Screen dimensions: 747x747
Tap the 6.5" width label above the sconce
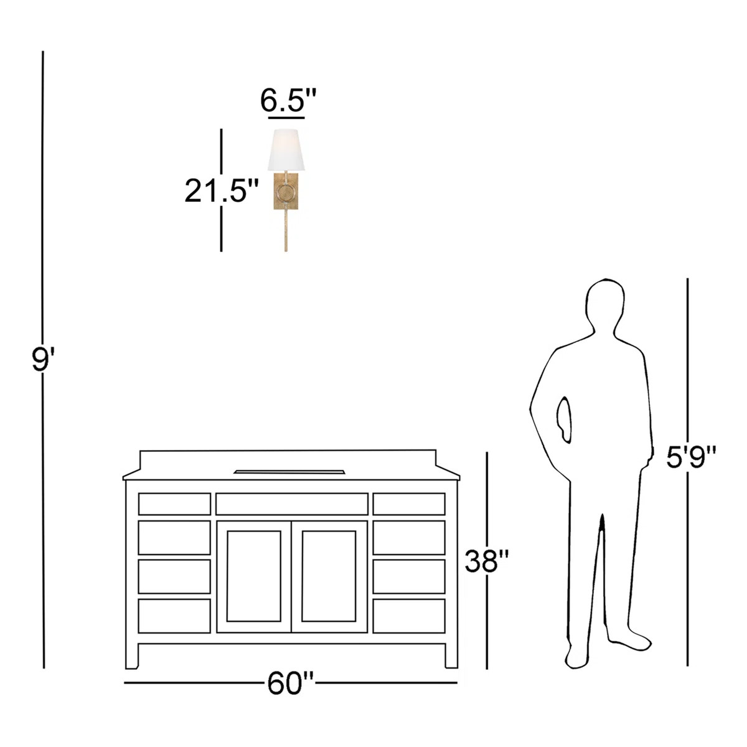pos(288,100)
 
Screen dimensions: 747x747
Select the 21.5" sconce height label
pos(221,190)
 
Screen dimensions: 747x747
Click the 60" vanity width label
pos(290,683)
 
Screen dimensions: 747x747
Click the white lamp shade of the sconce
pos(286,149)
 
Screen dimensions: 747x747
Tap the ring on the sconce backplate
pos(286,193)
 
